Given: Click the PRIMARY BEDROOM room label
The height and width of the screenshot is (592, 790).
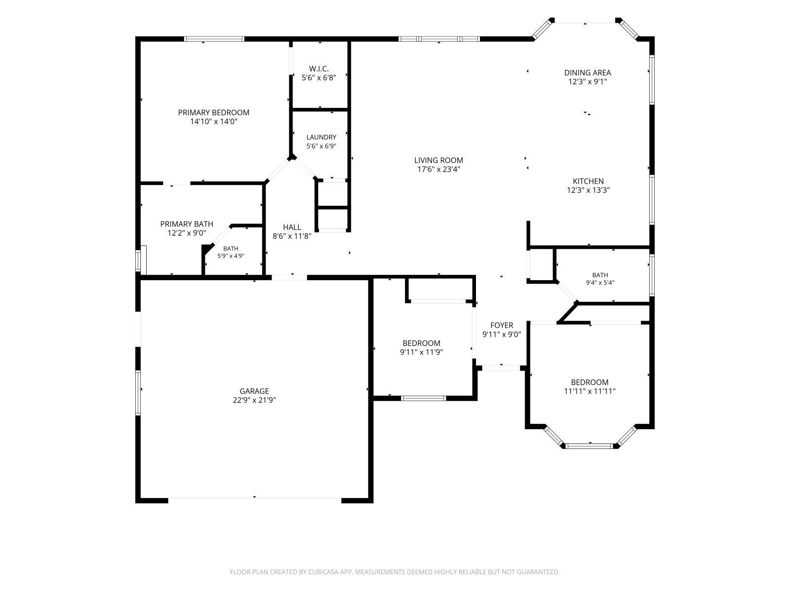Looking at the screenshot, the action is (213, 112).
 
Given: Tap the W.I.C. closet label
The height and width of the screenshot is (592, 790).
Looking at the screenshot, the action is (318, 69).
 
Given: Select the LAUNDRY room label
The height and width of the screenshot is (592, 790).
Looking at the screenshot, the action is (321, 137).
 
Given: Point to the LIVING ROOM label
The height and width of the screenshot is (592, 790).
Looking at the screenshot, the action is (438, 160).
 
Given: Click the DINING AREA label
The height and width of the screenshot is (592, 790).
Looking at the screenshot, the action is (588, 73).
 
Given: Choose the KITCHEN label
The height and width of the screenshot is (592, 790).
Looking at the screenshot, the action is (588, 181).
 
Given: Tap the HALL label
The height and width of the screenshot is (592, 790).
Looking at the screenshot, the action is (292, 227).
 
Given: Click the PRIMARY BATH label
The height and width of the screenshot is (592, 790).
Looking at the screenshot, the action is (187, 224).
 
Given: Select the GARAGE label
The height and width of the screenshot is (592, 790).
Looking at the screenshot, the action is (254, 391).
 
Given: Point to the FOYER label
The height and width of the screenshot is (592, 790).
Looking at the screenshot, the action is (501, 325).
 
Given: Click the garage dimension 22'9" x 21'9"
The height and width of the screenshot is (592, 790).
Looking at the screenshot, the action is (254, 400).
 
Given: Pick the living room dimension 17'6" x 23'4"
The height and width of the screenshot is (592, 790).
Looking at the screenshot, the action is (438, 169).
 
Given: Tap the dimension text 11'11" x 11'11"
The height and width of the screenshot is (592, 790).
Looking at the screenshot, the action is (590, 391).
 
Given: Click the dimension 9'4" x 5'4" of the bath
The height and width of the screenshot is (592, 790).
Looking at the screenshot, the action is (600, 283).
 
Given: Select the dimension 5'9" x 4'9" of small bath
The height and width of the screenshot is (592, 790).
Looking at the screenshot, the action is (231, 256).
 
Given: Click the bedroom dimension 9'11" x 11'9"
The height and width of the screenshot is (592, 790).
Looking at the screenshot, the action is (421, 352).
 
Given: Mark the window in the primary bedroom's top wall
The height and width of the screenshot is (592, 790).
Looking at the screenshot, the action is (214, 39).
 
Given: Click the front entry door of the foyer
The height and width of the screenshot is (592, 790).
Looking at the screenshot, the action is (501, 368).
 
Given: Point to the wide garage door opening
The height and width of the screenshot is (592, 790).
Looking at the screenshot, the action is (254, 500).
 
